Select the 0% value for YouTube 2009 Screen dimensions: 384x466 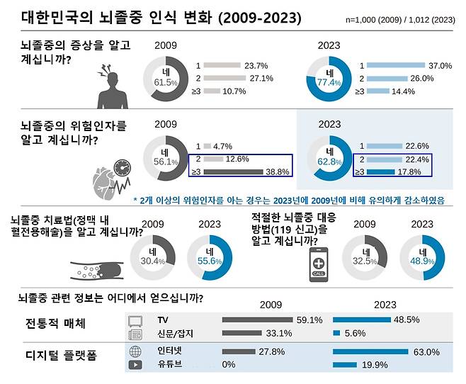coord(229,366)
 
